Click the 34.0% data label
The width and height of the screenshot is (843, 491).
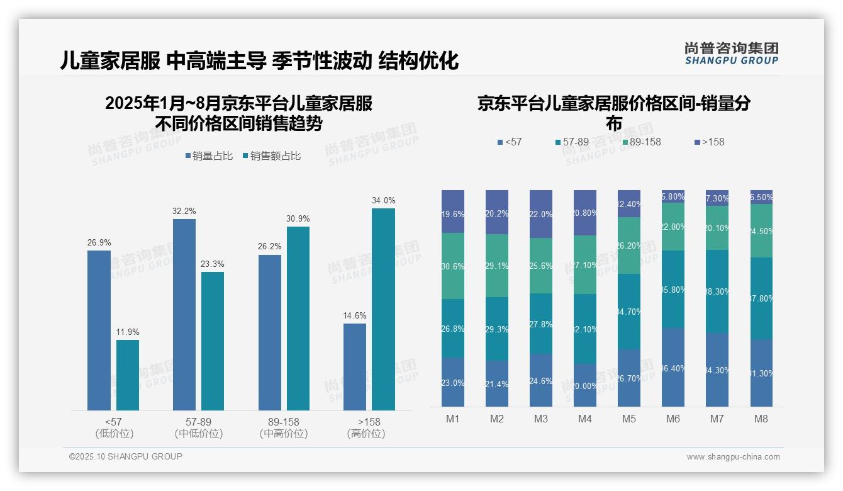(x=383, y=200)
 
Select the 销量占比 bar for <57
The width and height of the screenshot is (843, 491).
(x=99, y=330)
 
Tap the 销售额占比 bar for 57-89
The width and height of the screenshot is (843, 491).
(x=213, y=341)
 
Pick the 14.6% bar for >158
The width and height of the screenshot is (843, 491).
(x=355, y=367)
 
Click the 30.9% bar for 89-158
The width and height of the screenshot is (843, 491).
(x=298, y=318)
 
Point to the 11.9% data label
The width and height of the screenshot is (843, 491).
(x=128, y=332)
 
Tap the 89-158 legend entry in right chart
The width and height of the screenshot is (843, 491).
(x=642, y=142)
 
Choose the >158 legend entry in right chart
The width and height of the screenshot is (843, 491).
(x=710, y=142)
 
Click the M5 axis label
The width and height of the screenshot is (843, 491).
(x=629, y=419)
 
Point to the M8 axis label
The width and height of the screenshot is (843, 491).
(x=761, y=419)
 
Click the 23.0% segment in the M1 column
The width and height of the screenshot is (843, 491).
(x=453, y=382)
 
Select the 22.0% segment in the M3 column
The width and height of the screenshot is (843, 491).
(x=541, y=214)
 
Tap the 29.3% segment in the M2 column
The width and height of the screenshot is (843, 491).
(x=497, y=329)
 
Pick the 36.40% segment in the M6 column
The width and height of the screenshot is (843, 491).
(x=673, y=367)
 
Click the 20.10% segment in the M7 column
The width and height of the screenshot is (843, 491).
(x=717, y=228)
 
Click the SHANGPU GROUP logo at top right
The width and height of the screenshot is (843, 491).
(x=731, y=54)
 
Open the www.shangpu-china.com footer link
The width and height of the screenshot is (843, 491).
(x=733, y=457)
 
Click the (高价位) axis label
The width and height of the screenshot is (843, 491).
(x=366, y=434)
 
